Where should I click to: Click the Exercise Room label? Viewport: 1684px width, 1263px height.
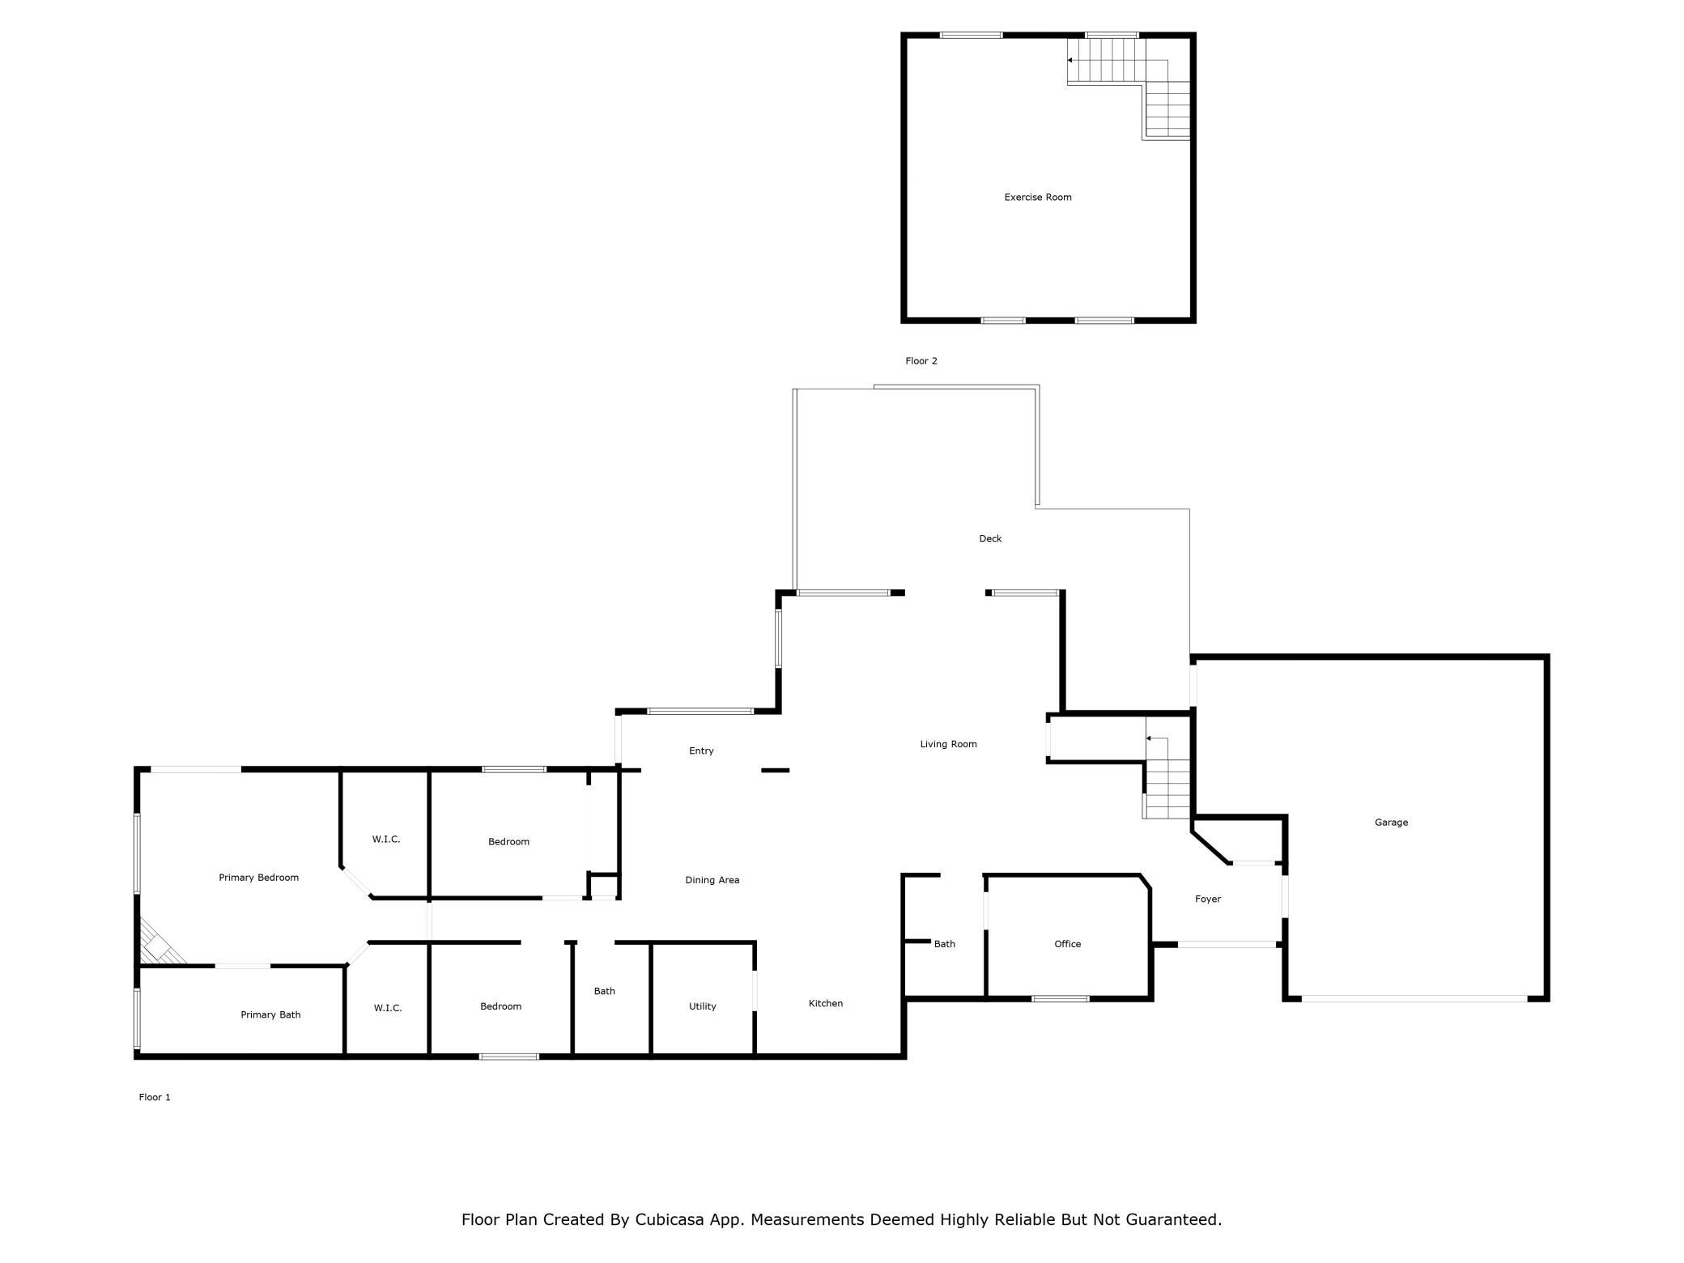[x=1038, y=197]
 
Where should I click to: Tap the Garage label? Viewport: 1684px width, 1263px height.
[x=1391, y=823]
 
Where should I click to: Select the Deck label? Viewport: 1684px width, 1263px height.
[x=990, y=538]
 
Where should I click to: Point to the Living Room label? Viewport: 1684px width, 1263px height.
[x=948, y=744]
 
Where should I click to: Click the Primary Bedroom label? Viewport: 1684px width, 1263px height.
[x=259, y=878]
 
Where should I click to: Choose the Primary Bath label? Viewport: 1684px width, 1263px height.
[x=270, y=1014]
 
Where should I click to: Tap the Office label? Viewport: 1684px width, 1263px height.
[x=1068, y=944]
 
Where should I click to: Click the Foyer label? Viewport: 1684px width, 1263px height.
[x=1208, y=899]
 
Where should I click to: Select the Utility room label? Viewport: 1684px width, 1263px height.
[x=703, y=1006]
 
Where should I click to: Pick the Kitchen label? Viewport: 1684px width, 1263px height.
[x=826, y=1003]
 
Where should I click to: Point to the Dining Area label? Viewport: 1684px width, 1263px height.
[x=712, y=880]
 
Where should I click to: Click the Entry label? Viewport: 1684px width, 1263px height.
[x=701, y=751]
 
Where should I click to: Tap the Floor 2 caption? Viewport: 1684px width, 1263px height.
[x=921, y=361]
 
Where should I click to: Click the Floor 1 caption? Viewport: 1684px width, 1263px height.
[x=155, y=1097]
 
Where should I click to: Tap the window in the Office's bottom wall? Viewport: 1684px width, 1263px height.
[x=1061, y=998]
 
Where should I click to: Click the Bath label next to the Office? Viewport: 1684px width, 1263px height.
[x=945, y=944]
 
